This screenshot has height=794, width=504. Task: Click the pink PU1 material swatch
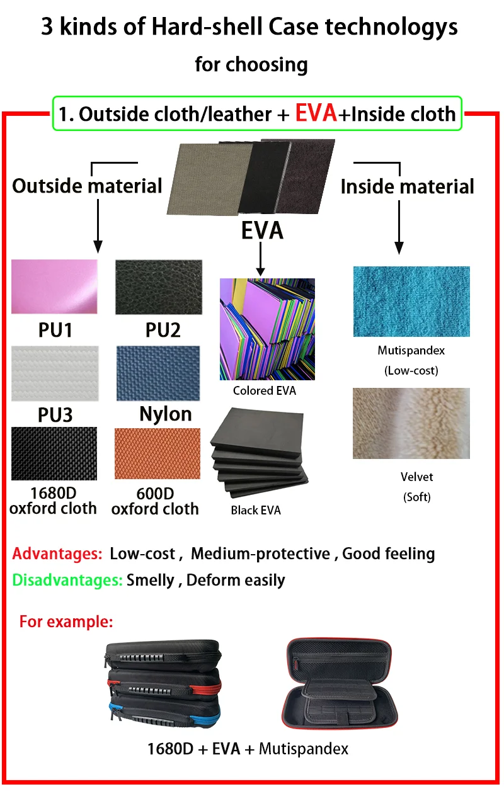coord(55,286)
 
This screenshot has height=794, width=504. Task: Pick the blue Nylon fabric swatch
coord(157,373)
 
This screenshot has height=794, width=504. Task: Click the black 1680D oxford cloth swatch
coord(54,453)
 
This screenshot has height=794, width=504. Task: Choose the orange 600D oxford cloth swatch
coord(157,453)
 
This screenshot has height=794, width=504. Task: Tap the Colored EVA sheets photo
coord(267,329)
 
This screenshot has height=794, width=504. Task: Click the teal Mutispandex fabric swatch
coord(411,302)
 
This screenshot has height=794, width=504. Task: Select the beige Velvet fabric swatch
coord(411,423)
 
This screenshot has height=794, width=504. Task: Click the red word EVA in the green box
coord(316,113)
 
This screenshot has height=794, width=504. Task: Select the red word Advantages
coord(57,554)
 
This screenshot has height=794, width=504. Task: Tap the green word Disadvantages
coord(67,580)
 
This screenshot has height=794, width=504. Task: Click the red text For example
coord(66,622)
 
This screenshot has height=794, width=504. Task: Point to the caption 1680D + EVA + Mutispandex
coord(248,749)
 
